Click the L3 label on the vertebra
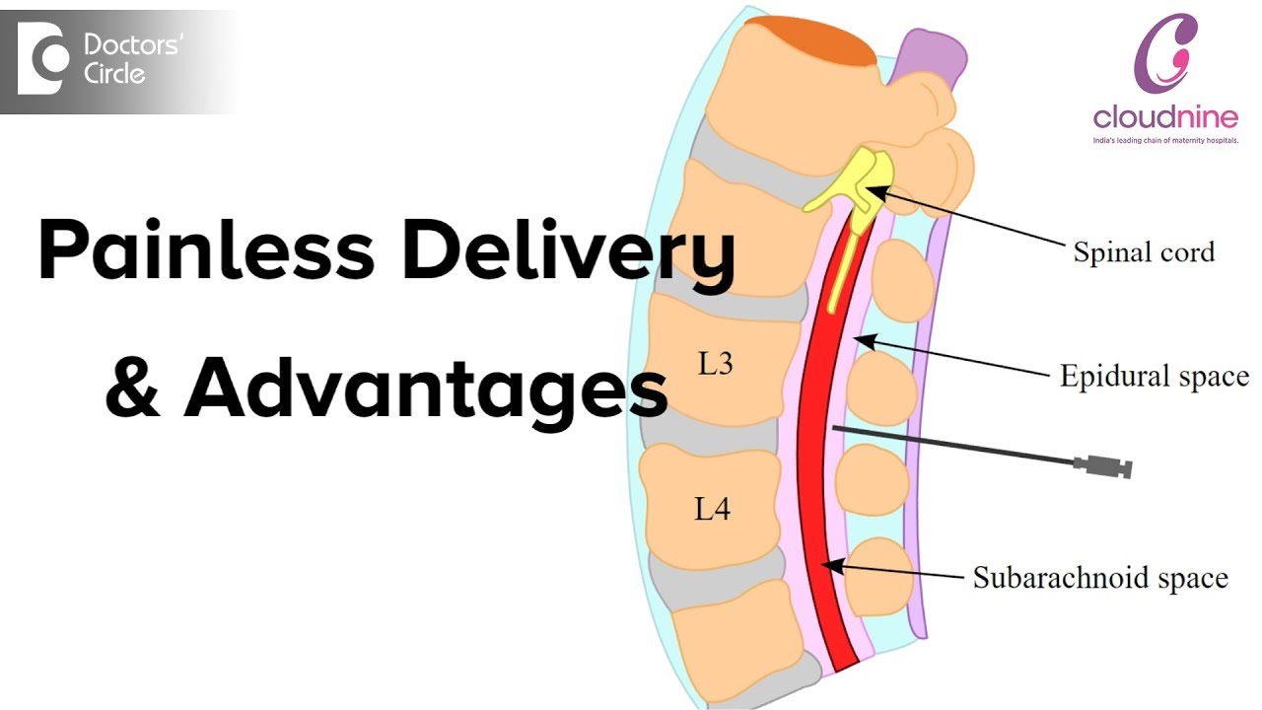[x=715, y=364]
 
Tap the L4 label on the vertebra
[x=712, y=509]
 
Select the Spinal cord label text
[x=1144, y=251]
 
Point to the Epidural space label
[x=1154, y=376]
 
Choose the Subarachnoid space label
[x=1100, y=577]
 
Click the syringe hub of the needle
[x=1105, y=465]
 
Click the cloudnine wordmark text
[x=1165, y=118]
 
